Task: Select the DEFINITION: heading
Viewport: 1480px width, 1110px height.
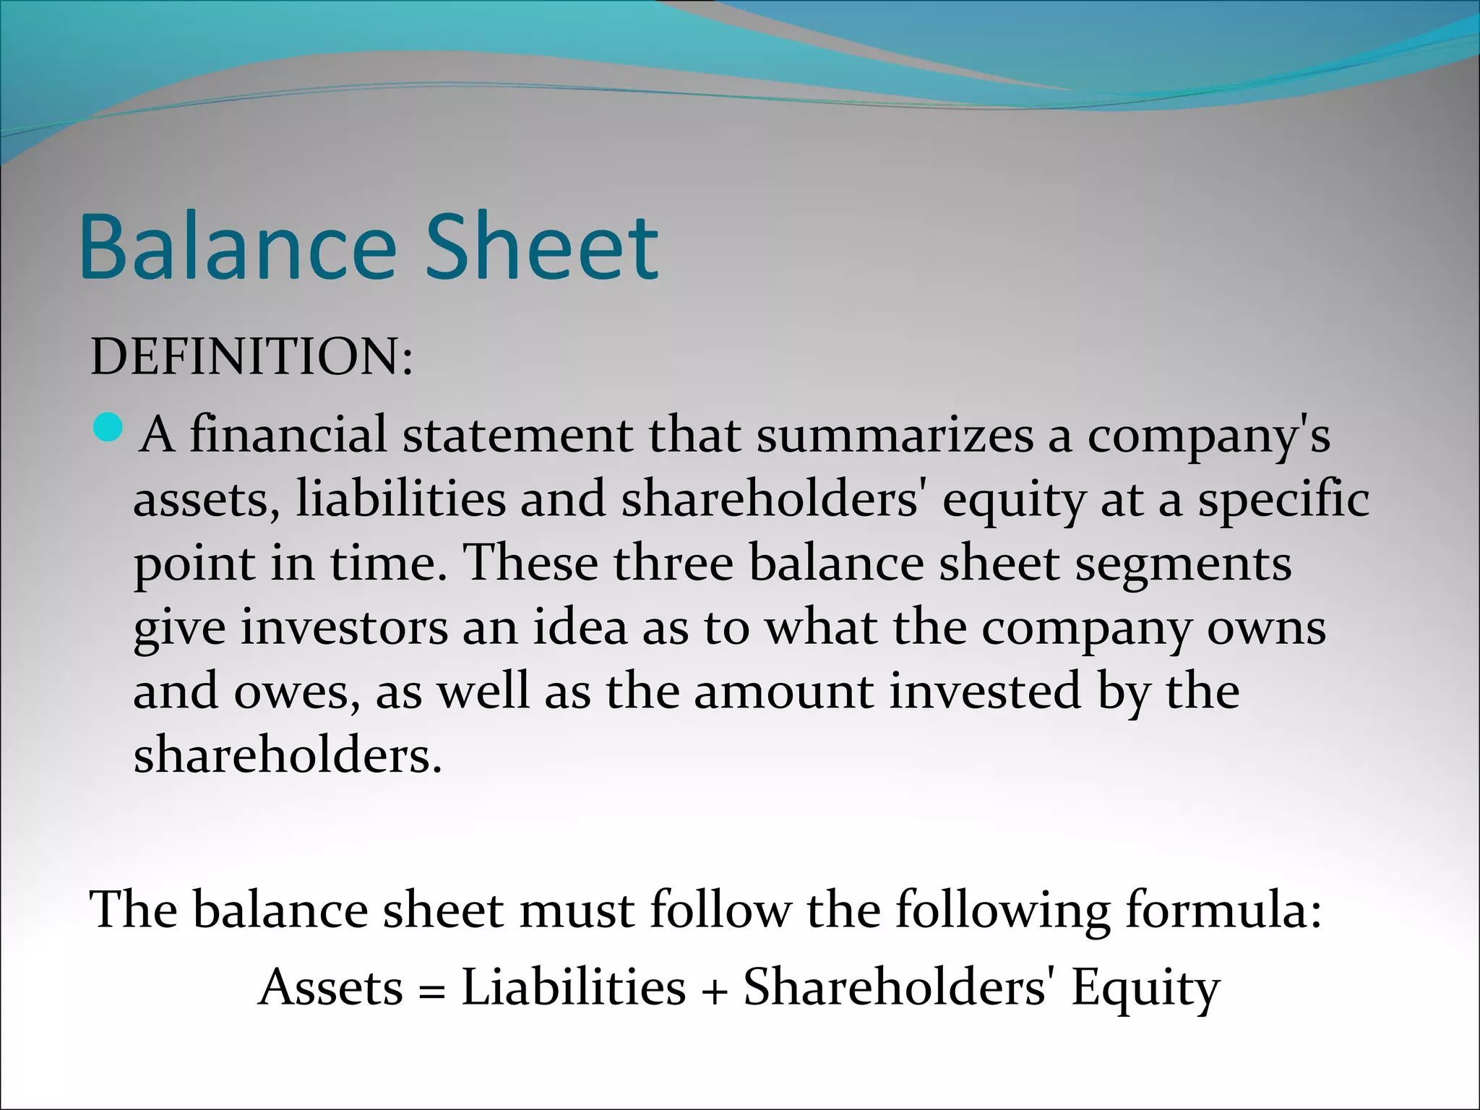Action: pyautogui.click(x=251, y=357)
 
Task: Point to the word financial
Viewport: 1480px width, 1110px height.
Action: pyautogui.click(x=288, y=436)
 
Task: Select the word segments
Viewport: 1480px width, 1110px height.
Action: pyautogui.click(x=1183, y=564)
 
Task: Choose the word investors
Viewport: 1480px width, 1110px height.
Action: pyautogui.click(x=344, y=627)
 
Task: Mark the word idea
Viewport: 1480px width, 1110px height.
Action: pyautogui.click(x=580, y=627)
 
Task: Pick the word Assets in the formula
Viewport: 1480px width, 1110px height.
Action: pyautogui.click(x=331, y=988)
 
